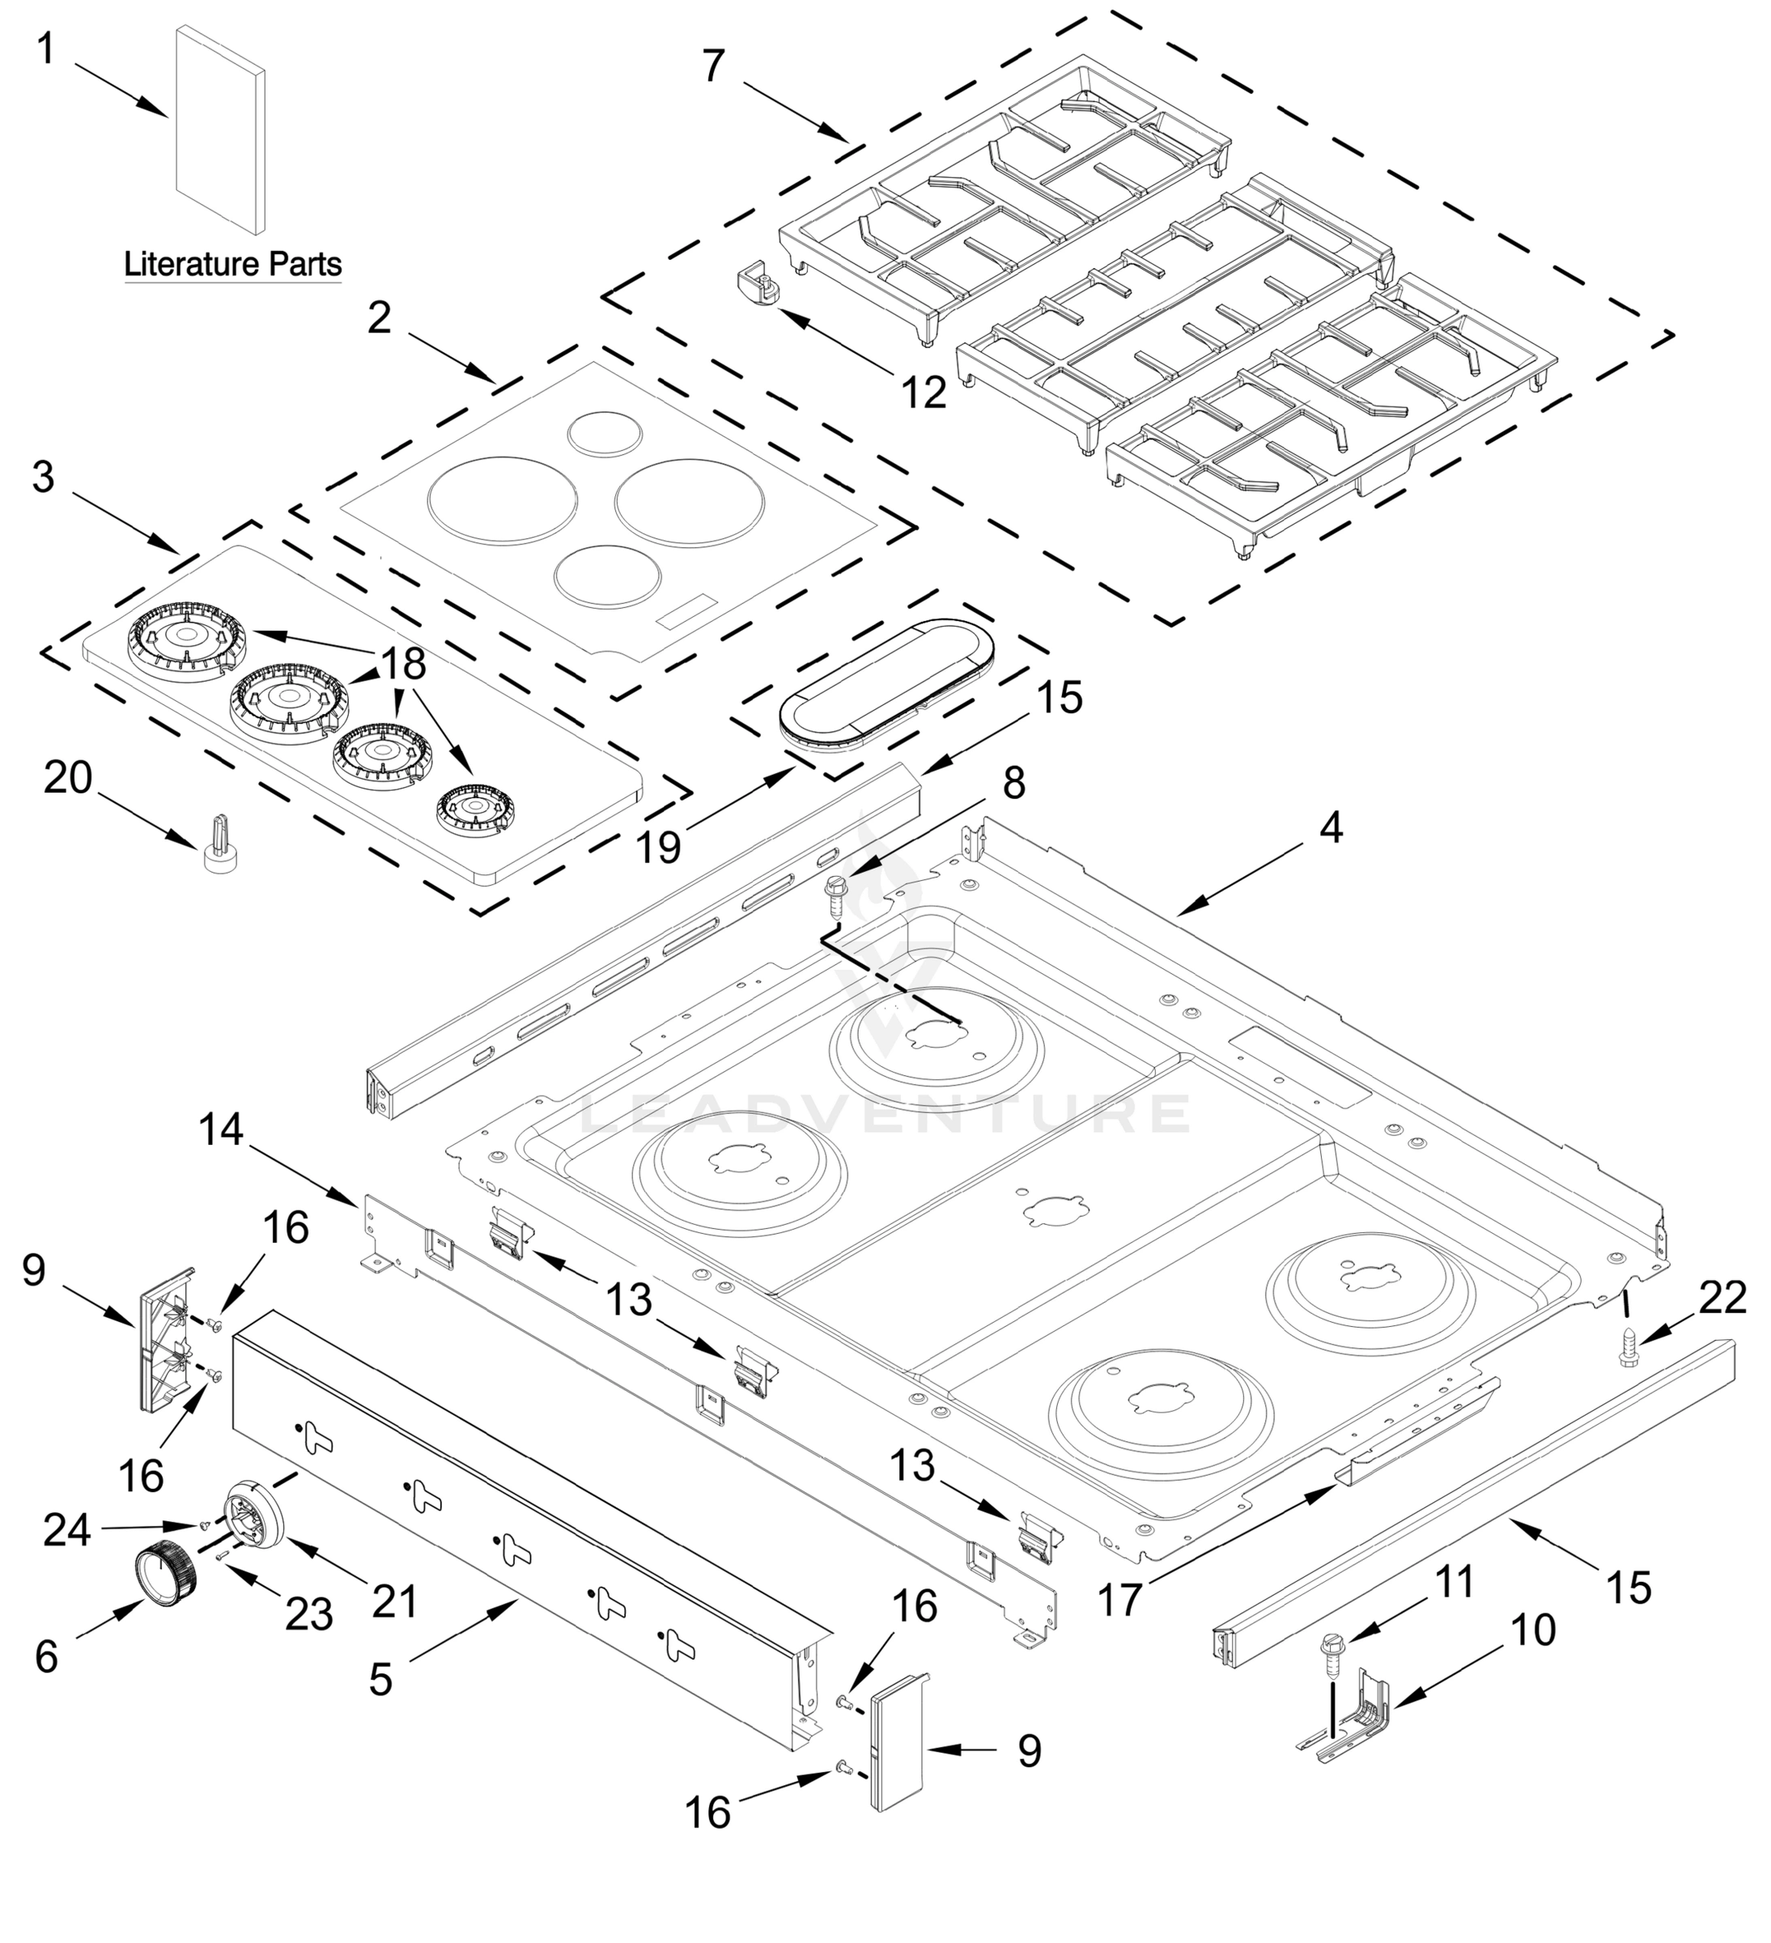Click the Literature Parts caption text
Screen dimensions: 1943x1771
tap(232, 263)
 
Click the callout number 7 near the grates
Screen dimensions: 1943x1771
tap(712, 66)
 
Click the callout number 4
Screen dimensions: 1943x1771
tap(1330, 827)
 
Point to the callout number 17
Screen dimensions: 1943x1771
tap(1119, 1601)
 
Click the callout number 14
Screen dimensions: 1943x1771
tap(222, 1129)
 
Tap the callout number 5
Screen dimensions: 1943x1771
tap(380, 1679)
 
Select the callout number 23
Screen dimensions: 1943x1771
tap(309, 1615)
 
